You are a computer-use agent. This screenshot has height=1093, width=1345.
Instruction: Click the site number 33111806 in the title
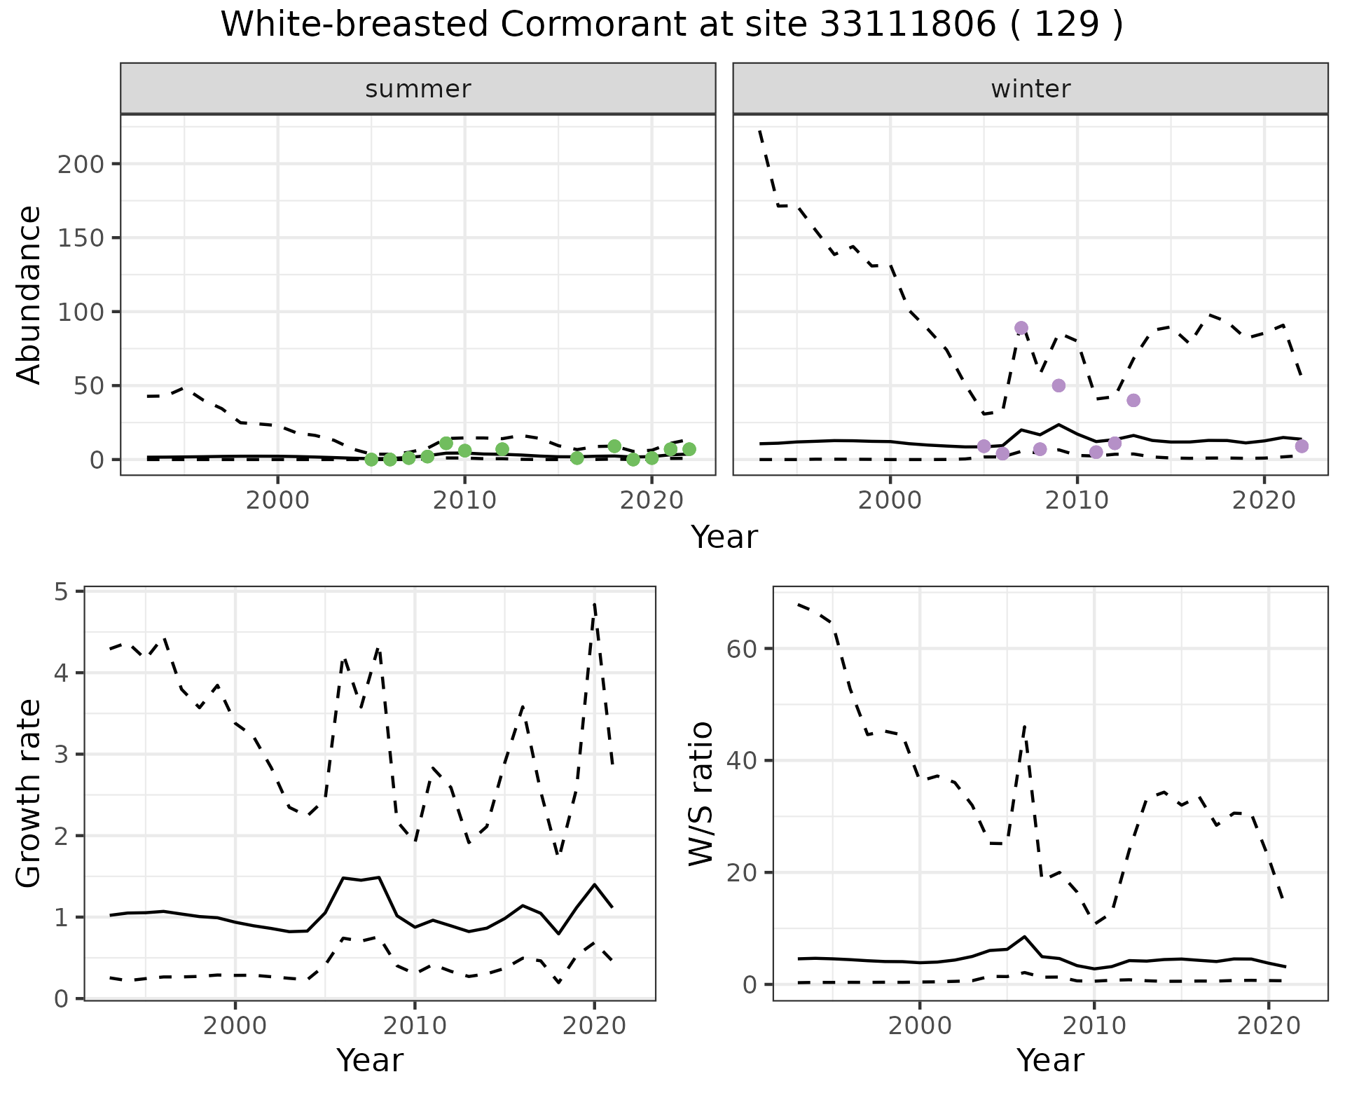907,25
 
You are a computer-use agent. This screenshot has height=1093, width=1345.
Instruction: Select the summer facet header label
418,89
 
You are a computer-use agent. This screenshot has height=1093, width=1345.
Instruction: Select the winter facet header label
1030,89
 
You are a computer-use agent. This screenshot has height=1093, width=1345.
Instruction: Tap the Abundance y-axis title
29,295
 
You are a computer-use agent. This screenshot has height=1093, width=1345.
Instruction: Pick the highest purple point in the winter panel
1021,328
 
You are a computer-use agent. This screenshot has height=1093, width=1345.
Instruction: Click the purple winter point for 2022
1302,446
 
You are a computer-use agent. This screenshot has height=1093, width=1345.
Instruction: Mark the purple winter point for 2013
1133,400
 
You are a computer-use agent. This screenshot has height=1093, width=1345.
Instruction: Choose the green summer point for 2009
446,444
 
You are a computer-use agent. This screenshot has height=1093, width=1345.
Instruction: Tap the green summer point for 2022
689,449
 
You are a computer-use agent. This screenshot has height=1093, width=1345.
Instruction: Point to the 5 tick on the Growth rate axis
69,593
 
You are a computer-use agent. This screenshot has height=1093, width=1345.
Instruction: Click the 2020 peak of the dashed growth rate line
594,603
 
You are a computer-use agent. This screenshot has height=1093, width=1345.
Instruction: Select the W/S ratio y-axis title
701,794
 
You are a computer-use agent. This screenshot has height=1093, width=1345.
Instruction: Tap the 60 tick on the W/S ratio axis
744,649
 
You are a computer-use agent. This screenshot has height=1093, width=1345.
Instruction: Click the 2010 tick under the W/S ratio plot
1094,1027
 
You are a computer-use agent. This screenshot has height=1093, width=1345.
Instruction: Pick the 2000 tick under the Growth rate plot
235,1027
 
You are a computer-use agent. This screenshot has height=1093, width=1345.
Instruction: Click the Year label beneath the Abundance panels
724,537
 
